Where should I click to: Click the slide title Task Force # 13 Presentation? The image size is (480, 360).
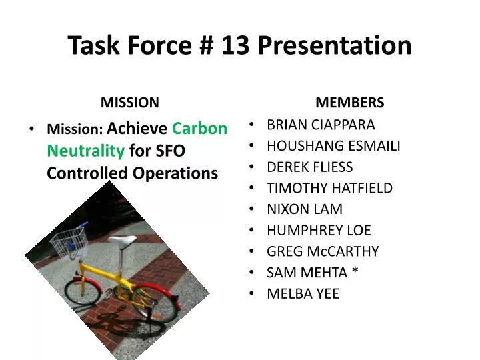point(240,45)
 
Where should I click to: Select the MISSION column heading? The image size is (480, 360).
point(129,103)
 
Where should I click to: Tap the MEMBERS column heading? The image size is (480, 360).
point(349,103)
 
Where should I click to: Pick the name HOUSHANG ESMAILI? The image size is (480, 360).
point(333,146)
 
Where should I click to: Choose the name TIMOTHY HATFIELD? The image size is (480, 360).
point(329,189)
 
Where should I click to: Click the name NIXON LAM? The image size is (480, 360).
point(305,209)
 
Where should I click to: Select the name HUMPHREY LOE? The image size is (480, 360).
point(319,231)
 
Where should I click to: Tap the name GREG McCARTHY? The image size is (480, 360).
point(323,251)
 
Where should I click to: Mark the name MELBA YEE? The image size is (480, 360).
point(303,294)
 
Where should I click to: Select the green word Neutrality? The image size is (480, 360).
point(85,151)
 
